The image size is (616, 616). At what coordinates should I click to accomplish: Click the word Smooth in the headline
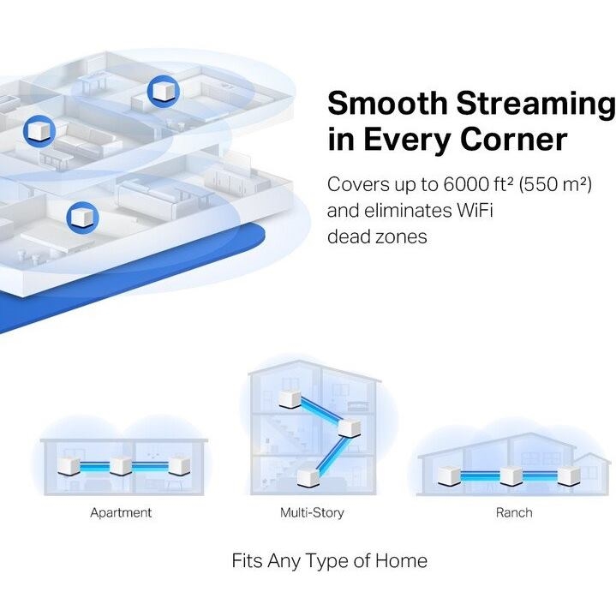pyautogui.click(x=387, y=103)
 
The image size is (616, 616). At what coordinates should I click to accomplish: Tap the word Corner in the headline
pyautogui.click(x=513, y=139)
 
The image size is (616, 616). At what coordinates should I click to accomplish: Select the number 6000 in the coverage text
pyautogui.click(x=464, y=184)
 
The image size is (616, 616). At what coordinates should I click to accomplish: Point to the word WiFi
pyautogui.click(x=475, y=210)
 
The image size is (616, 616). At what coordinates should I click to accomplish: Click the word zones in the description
pyautogui.click(x=401, y=237)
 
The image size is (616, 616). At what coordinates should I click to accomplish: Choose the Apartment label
pyautogui.click(x=121, y=512)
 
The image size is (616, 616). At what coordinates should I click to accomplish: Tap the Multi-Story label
pyautogui.click(x=312, y=512)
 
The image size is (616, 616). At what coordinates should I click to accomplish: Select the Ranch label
pyautogui.click(x=514, y=512)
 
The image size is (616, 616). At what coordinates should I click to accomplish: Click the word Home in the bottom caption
pyautogui.click(x=401, y=560)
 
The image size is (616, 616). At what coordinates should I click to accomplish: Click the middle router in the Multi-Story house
pyautogui.click(x=349, y=428)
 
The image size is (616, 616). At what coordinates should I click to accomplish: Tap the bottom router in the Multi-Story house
pyautogui.click(x=308, y=477)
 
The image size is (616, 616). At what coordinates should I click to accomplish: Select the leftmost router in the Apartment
pyautogui.click(x=69, y=467)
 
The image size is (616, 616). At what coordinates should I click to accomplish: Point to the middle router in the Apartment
pyautogui.click(x=121, y=466)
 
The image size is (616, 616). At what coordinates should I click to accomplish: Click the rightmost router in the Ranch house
pyautogui.click(x=569, y=476)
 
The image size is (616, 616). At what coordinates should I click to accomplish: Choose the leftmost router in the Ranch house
pyautogui.click(x=449, y=476)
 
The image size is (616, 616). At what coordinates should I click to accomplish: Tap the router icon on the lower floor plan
pyautogui.click(x=82, y=218)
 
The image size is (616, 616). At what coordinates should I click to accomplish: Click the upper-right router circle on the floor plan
pyautogui.click(x=163, y=91)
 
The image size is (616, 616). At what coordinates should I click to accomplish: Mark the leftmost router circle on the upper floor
pyautogui.click(x=39, y=131)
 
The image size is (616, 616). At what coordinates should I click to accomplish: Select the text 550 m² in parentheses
pyautogui.click(x=555, y=184)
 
